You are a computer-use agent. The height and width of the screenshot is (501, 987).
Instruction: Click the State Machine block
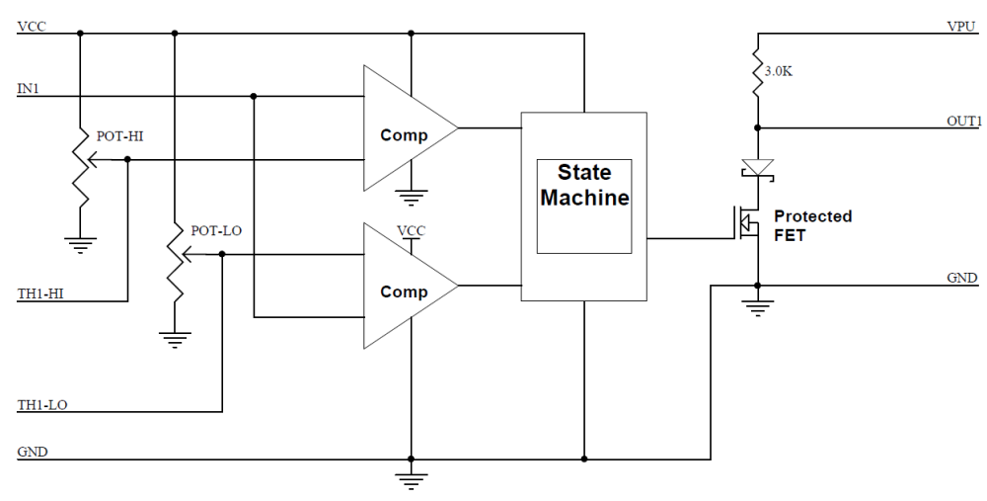coord(584,207)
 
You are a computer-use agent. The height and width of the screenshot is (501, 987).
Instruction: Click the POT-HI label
coord(119,135)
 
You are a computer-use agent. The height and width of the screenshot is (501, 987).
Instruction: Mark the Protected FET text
coord(812,224)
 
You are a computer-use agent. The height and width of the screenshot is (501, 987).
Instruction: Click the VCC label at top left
coord(31,25)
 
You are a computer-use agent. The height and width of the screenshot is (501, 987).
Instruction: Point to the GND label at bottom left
coord(31,452)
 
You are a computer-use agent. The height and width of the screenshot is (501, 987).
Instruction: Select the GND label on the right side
coord(962,278)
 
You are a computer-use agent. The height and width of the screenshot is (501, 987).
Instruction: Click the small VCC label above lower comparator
coord(411,230)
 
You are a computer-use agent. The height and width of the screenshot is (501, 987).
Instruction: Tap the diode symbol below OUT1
coord(757,167)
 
